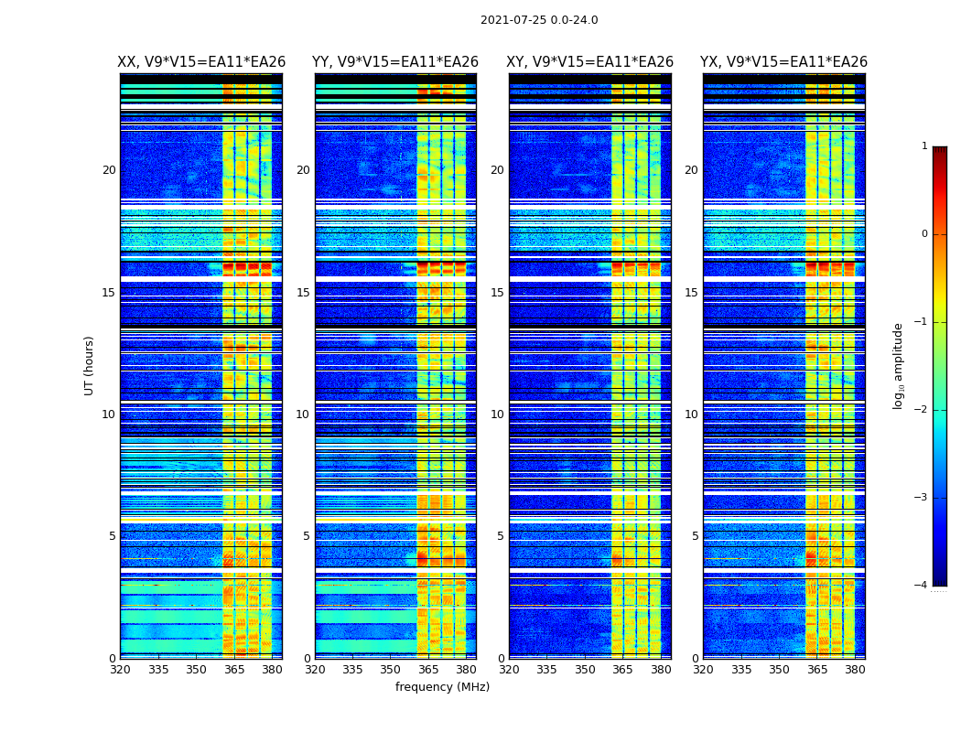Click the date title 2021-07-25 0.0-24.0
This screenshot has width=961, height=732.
(x=539, y=20)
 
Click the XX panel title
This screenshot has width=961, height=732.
(x=201, y=62)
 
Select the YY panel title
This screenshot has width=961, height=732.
(x=395, y=62)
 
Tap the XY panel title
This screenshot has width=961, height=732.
(x=590, y=62)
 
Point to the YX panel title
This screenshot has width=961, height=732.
(x=783, y=62)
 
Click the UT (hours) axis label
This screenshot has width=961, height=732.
(x=90, y=365)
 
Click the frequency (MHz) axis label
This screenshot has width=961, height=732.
(x=442, y=687)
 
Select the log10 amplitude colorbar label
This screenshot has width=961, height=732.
(x=899, y=365)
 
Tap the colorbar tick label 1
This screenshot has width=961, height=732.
(x=924, y=146)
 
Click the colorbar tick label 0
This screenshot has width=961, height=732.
(x=924, y=234)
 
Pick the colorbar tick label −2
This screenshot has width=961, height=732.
(x=923, y=410)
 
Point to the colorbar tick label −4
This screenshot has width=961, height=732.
(x=923, y=586)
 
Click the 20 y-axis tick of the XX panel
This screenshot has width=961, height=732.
(x=109, y=170)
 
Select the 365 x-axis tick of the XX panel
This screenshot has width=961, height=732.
(x=234, y=670)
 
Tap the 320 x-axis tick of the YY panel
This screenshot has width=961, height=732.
(x=315, y=670)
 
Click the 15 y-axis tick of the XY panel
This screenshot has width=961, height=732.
(x=497, y=293)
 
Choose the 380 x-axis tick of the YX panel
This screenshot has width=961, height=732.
(x=855, y=670)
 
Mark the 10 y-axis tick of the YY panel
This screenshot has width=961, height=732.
(x=303, y=414)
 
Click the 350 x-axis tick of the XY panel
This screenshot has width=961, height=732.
(x=585, y=670)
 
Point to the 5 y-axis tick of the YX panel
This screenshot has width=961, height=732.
(x=695, y=536)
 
